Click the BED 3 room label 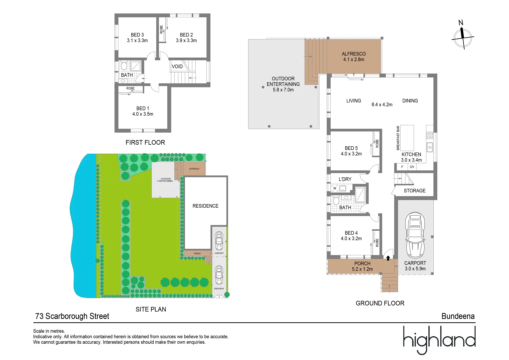pos(137,35)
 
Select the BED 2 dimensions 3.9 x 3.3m pos(186,41)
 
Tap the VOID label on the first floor pos(177,66)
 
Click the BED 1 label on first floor pos(143,108)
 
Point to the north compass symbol pos(463,37)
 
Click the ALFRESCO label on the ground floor pos(354,54)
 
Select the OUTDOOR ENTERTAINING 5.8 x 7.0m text pos(283,84)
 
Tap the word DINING pos(410,101)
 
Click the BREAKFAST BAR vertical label pos(398,138)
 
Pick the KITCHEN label pos(411,154)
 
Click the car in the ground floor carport pos(415,235)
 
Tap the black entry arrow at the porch pos(388,258)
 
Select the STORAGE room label pos(415,191)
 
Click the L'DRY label pos(345,179)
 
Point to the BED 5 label pos(351,148)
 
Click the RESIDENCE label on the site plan pos(205,206)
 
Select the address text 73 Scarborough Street pos(72,316)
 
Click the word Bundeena pos(458,316)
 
